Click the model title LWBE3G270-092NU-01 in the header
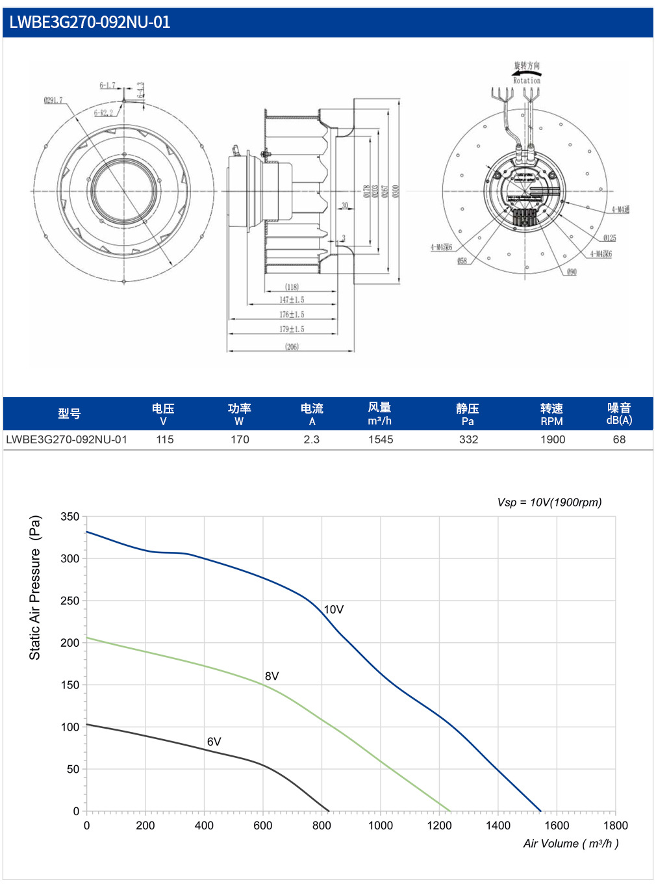[x=90, y=22]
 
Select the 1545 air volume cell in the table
[x=381, y=439]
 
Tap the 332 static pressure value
[x=468, y=439]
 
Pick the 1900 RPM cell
[x=553, y=439]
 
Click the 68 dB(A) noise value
[x=619, y=439]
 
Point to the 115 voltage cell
[x=165, y=439]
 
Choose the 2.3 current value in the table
[x=312, y=439]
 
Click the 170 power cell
[x=240, y=439]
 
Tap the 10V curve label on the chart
[x=334, y=610]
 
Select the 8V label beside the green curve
[x=272, y=677]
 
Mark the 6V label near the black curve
[x=214, y=742]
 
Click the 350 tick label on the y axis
[x=70, y=517]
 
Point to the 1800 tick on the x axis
[x=615, y=826]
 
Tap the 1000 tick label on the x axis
[x=381, y=826]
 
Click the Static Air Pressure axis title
[x=35, y=588]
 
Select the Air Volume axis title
[x=571, y=844]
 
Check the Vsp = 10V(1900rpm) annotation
[x=549, y=502]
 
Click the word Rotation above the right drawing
[x=527, y=81]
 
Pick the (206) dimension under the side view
[x=292, y=346]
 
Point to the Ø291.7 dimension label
[x=53, y=100]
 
